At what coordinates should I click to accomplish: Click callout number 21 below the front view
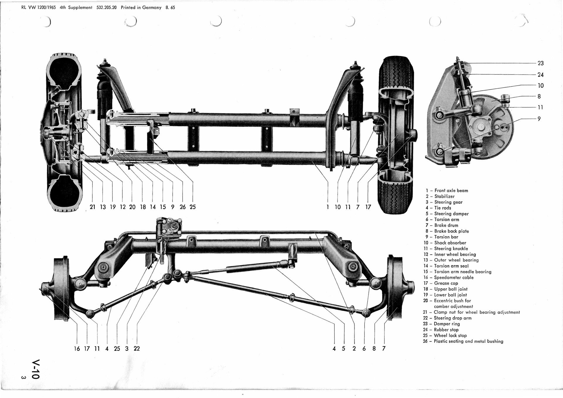[x=93, y=207]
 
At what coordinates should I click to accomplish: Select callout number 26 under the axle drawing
[x=182, y=207]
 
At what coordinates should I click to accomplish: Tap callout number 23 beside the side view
[x=540, y=63]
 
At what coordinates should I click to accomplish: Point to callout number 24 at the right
[x=540, y=75]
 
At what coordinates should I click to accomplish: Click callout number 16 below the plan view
[x=77, y=348]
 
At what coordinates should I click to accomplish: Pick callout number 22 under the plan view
[x=137, y=348]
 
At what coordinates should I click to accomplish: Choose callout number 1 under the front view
[x=328, y=207]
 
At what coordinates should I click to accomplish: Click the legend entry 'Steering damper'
[x=451, y=214]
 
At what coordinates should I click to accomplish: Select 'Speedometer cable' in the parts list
[x=454, y=277]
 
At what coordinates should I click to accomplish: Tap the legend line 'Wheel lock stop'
[x=450, y=335]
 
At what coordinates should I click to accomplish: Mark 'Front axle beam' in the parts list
[x=451, y=191]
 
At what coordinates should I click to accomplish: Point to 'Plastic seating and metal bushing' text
[x=468, y=341]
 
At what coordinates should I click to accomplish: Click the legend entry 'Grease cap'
[x=446, y=283]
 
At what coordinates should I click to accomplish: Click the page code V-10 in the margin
[x=36, y=369]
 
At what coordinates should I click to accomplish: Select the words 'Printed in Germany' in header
[x=141, y=8]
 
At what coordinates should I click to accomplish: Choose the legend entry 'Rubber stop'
[x=446, y=329]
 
